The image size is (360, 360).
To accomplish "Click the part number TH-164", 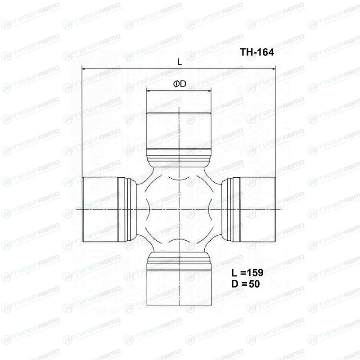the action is (257, 52).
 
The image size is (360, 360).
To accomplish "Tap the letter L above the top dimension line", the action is (180, 62).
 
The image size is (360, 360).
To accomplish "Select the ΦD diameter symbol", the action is (180, 84).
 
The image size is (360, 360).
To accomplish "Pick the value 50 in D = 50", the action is (254, 284).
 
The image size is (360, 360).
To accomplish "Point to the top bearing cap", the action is (179, 130).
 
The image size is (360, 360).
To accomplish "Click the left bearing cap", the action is (100, 209).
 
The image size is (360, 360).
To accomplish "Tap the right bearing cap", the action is (257, 209).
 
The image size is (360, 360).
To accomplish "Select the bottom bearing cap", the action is (179, 287).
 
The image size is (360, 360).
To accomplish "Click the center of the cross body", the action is (179, 209).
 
